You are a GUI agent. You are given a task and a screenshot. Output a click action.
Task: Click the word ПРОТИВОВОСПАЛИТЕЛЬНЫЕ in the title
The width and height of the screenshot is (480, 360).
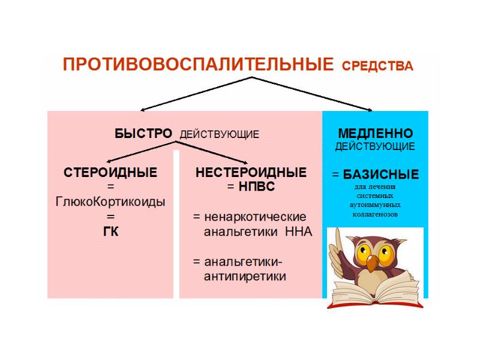point(198,64)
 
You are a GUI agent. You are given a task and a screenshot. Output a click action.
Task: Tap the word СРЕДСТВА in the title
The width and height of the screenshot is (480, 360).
point(377,66)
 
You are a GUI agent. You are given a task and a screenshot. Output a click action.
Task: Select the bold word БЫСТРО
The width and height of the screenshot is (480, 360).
point(143,134)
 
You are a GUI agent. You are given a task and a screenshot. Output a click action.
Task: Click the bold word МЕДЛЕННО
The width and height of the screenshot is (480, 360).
point(376,133)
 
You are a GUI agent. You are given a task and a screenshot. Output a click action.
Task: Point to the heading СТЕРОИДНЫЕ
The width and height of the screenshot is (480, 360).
point(110,173)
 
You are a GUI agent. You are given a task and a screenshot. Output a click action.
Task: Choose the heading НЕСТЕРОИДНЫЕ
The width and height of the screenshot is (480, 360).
point(251,173)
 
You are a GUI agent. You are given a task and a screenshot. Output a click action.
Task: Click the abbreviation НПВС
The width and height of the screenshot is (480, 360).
point(257,187)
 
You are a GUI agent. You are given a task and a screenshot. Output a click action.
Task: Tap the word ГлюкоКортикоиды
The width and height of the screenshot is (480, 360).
point(110,202)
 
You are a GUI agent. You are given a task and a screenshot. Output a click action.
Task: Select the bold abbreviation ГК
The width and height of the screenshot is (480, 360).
point(110,232)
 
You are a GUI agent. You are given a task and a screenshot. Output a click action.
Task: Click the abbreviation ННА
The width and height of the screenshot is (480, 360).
point(298,232)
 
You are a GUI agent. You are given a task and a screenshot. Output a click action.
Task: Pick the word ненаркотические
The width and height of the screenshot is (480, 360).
point(255,217)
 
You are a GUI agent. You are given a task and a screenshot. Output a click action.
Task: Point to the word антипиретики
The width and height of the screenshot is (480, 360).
point(245,277)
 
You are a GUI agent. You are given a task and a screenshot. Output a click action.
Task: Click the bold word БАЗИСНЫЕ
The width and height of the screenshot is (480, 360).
point(381,175)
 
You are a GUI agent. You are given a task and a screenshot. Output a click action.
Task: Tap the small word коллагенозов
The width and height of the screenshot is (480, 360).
point(375,214)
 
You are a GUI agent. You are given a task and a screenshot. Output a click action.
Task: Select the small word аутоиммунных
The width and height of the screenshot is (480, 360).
point(375,205)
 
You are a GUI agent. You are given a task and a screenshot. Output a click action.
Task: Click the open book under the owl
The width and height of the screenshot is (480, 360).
point(375,291)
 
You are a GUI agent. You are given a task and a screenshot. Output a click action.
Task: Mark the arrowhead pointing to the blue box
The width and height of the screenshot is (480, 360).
point(370,110)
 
